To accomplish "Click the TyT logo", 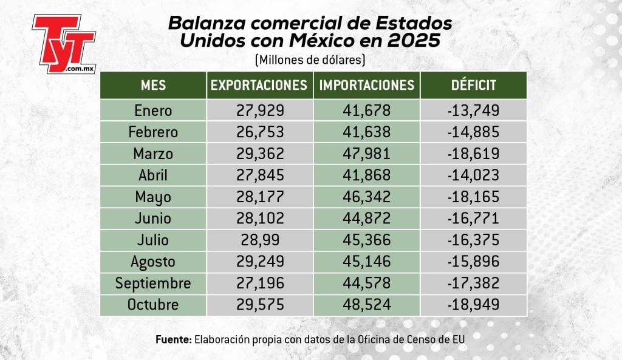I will (x=64, y=43).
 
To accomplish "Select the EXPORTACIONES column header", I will (x=259, y=85).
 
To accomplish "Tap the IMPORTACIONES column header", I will (x=367, y=85).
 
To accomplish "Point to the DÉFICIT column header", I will (x=473, y=85).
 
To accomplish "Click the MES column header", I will (x=153, y=85).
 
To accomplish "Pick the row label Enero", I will (x=153, y=111).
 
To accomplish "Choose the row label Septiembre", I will (x=153, y=284).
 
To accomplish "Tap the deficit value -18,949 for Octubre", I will (x=473, y=305).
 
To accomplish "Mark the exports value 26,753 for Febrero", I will (x=259, y=132).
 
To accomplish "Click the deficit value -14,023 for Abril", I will (x=473, y=175).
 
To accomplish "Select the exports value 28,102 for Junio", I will (x=259, y=219).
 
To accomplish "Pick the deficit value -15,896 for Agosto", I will (x=473, y=262).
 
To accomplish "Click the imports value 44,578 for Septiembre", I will (x=367, y=284).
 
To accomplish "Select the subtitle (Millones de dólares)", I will (x=310, y=60).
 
